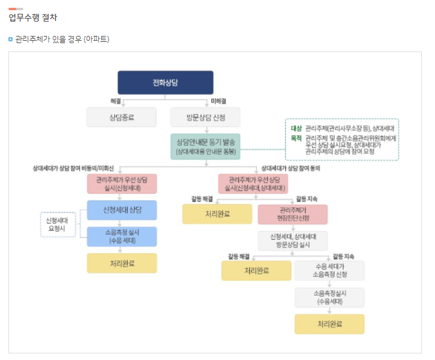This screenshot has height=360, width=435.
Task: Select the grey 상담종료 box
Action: point(122,117)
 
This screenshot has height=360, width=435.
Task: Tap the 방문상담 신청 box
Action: point(206,117)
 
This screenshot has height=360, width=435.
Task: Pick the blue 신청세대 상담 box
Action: point(122,210)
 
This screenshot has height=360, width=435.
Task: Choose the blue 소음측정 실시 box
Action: point(122,237)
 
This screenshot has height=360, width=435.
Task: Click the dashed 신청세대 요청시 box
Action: point(58,225)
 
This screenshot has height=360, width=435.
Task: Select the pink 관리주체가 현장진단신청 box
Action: point(292,214)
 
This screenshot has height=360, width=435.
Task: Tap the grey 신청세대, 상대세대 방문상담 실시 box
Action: point(292,241)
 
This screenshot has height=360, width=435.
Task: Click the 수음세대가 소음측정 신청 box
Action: point(329,270)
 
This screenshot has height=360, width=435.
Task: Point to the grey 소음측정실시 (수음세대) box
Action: point(329,298)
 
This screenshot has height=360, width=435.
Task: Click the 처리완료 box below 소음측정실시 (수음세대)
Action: point(329,324)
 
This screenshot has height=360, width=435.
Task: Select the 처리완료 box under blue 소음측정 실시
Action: point(122,263)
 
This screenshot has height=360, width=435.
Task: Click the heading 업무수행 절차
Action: point(33,17)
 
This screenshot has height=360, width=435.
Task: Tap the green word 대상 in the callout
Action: point(296,128)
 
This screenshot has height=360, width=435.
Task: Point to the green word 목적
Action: point(296,138)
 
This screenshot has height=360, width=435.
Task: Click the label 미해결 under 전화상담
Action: point(218,101)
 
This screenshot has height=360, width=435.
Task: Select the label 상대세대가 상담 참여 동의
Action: point(291,168)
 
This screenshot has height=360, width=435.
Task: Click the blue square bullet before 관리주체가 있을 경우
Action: point(11,40)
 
